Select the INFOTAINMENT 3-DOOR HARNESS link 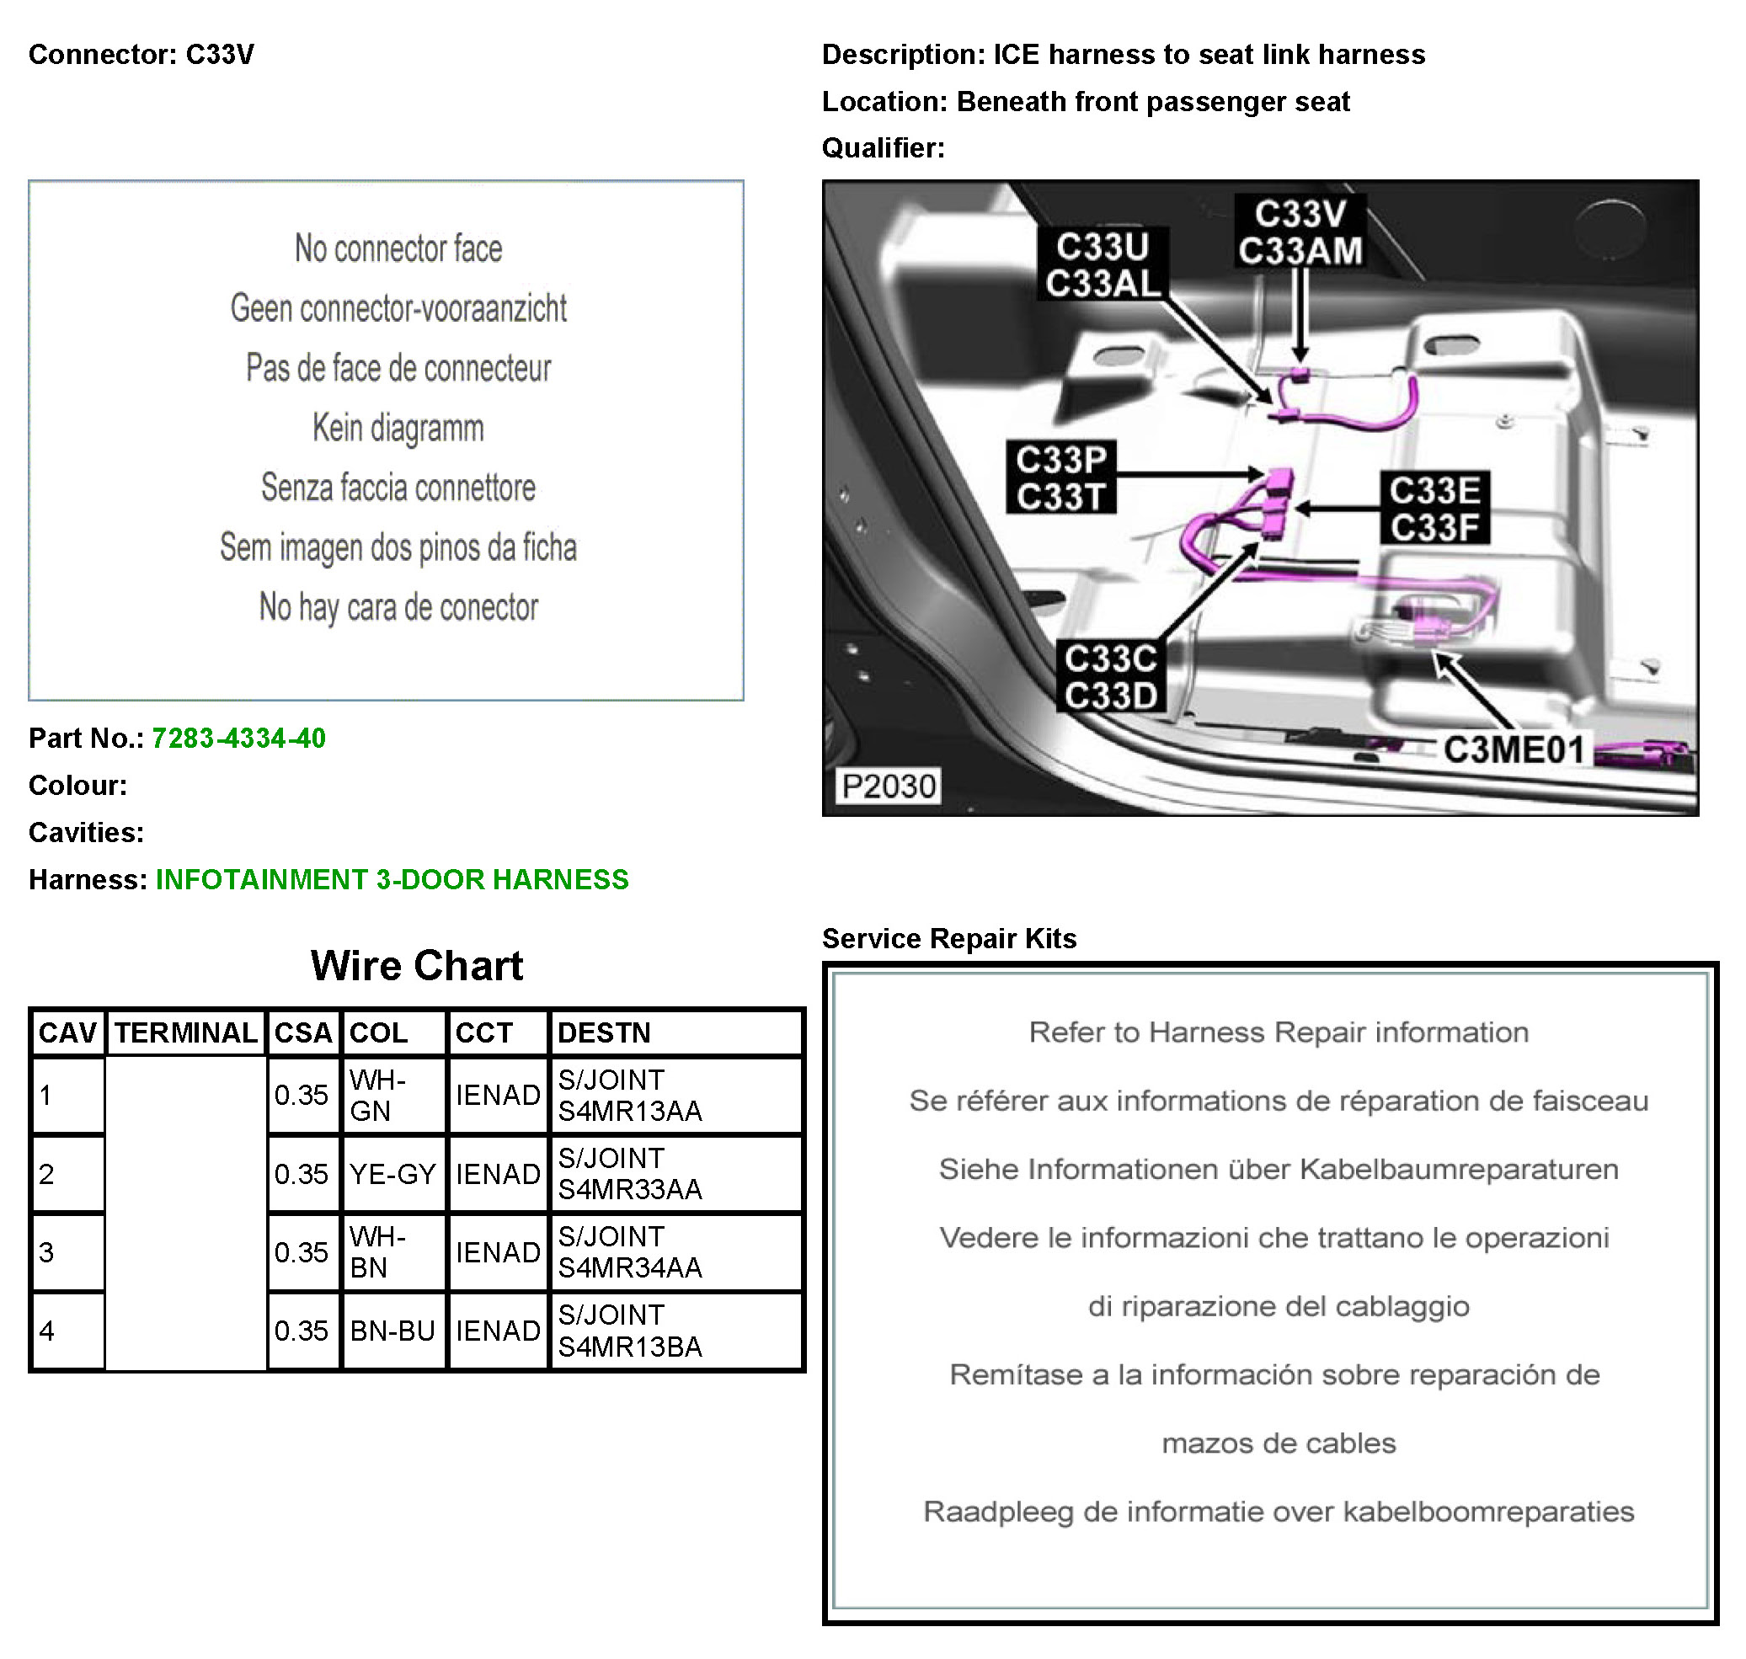point(391,879)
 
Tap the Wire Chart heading point(416,965)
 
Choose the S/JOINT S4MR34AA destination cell point(629,1251)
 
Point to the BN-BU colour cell point(392,1330)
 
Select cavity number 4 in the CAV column point(47,1330)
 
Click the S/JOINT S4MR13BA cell point(629,1330)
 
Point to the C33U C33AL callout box point(1101,264)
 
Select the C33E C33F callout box point(1434,508)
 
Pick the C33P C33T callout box point(1060,477)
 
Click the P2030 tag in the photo point(887,785)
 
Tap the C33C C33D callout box point(1110,676)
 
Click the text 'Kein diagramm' point(398,428)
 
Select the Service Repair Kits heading point(948,938)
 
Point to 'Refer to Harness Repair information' point(1278,1032)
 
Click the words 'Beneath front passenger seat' point(1152,102)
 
